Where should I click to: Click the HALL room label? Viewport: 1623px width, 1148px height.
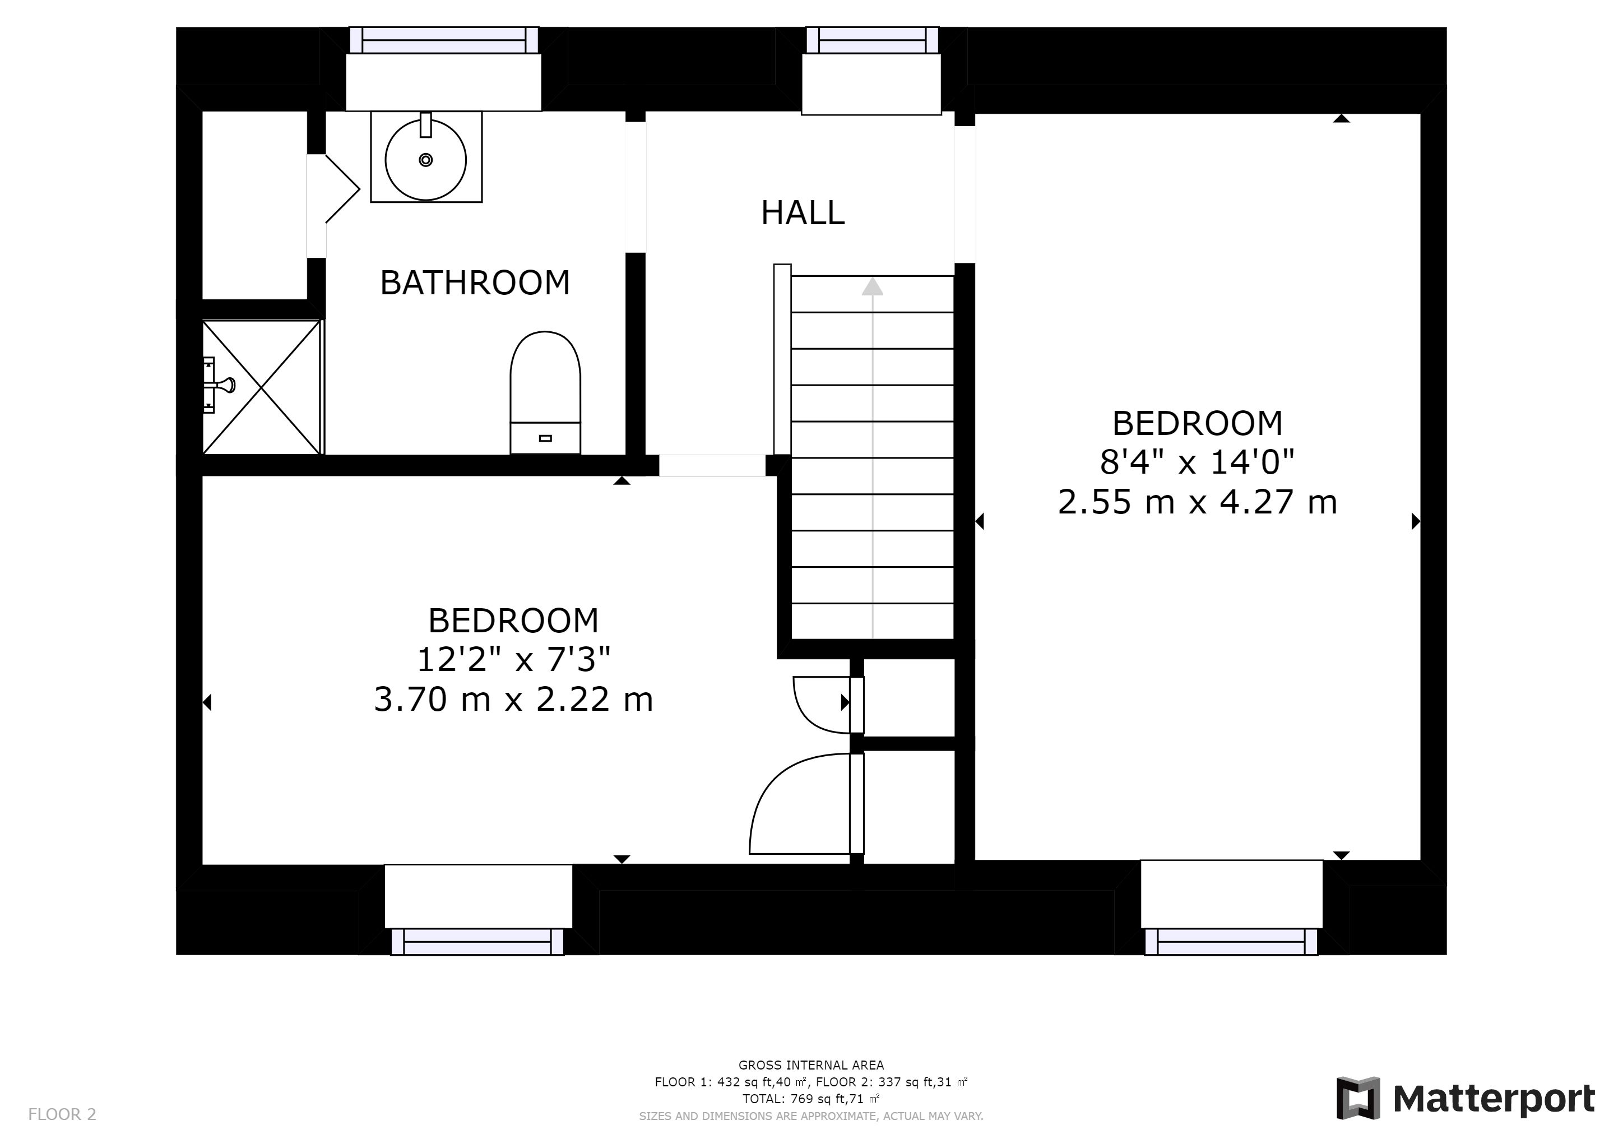click(x=803, y=213)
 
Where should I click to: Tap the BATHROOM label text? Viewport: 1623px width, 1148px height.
click(x=475, y=283)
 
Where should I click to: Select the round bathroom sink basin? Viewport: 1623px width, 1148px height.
click(x=425, y=160)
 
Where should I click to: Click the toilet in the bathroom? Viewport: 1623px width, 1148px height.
click(x=545, y=392)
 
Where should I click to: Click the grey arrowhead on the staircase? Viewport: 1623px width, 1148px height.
click(x=872, y=286)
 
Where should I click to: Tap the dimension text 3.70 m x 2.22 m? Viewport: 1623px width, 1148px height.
click(x=513, y=700)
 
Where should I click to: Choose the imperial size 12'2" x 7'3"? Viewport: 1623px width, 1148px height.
click(x=513, y=660)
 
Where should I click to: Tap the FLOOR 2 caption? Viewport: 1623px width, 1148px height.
click(x=62, y=1115)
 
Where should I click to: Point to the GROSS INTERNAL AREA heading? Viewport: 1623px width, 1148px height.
click(x=811, y=1065)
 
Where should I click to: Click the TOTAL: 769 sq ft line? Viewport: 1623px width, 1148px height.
click(x=811, y=1099)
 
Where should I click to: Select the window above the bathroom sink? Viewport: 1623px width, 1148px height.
click(x=444, y=40)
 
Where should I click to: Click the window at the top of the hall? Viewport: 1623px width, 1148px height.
click(x=872, y=40)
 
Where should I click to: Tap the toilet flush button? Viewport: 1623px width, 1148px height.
click(x=545, y=438)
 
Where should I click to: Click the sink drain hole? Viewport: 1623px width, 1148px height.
click(x=425, y=160)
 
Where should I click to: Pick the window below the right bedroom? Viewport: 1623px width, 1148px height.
click(x=1231, y=942)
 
